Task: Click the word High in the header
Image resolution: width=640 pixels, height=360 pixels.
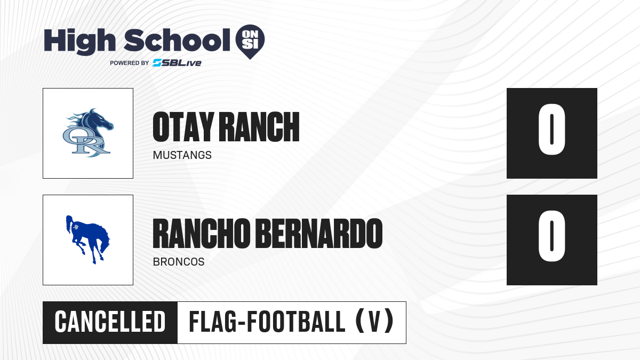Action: tap(80, 41)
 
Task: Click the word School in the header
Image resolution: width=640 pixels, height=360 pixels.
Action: tap(177, 41)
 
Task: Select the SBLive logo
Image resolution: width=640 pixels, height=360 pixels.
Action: tap(177, 63)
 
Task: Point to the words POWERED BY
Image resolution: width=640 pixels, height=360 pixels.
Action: tap(130, 63)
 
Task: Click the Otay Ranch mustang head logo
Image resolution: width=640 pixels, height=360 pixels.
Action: tap(88, 133)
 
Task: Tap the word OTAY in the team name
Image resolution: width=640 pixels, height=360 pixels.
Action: tap(183, 127)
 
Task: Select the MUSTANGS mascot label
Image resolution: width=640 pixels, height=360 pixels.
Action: tap(182, 155)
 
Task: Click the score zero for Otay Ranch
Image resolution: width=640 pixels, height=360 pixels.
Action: tap(551, 130)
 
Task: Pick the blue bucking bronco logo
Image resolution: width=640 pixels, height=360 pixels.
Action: tap(88, 239)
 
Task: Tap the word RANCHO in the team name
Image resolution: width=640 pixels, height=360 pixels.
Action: tap(202, 234)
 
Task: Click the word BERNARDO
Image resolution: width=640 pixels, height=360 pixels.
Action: tap(319, 234)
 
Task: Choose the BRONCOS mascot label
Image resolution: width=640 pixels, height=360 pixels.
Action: tap(179, 262)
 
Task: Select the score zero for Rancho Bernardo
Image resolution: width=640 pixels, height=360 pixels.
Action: tap(551, 236)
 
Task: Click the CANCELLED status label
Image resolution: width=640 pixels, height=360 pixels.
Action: tap(110, 322)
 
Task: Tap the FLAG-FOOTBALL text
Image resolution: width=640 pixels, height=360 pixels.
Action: tap(267, 322)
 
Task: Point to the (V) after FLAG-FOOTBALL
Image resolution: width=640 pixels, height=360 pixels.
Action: tap(375, 322)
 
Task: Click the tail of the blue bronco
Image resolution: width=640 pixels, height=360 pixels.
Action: tap(69, 224)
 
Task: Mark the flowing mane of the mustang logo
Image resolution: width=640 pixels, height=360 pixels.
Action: tap(75, 122)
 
